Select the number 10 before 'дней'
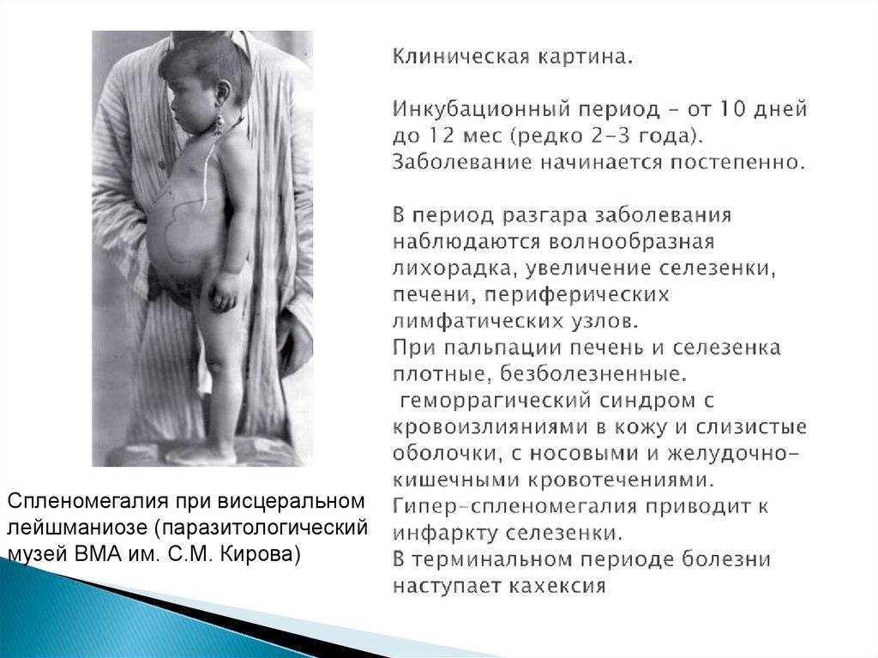click(731, 111)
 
